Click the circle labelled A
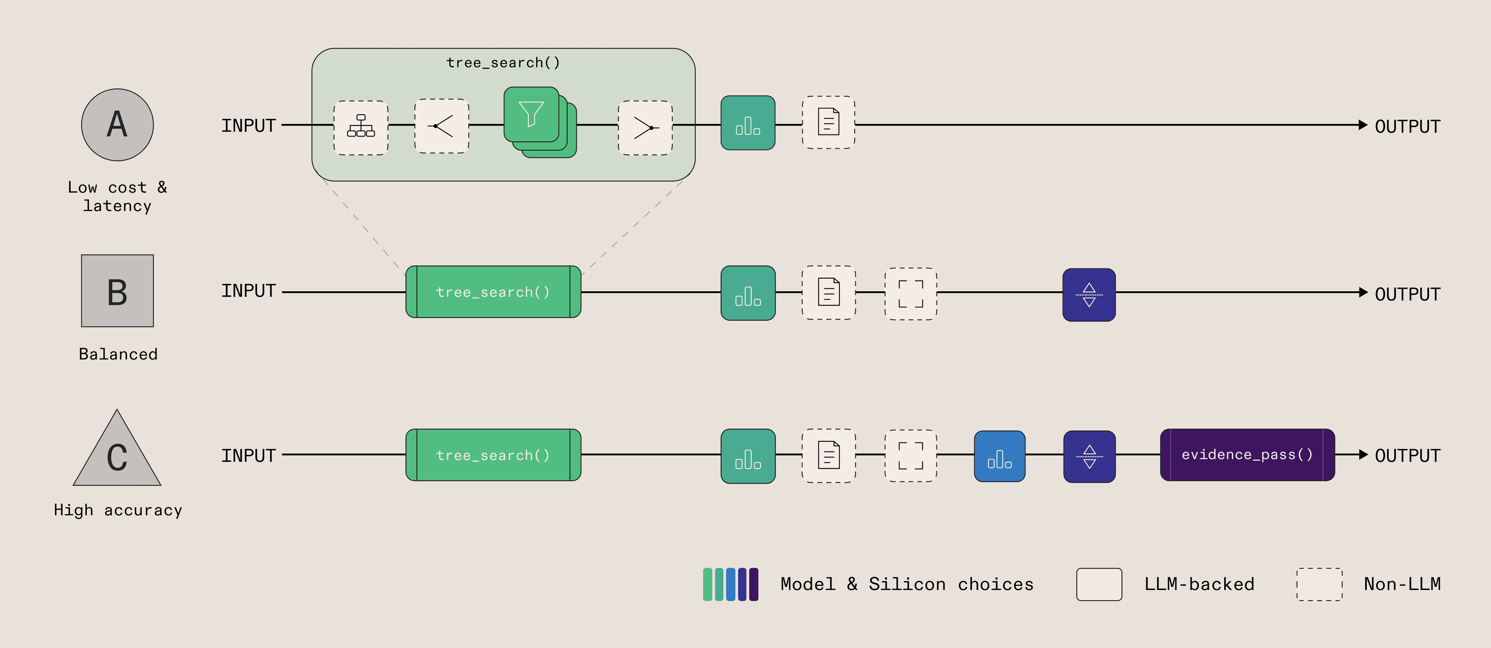coord(118,124)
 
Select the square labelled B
coord(118,291)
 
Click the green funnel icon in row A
coord(531,114)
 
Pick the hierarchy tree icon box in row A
coord(361,127)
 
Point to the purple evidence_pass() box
coord(1247,455)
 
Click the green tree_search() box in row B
coord(493,292)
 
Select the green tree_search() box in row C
coord(493,455)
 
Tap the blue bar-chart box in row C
coord(999,456)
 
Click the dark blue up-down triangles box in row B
coord(1089,295)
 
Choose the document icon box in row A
coord(828,122)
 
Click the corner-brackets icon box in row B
coord(911,294)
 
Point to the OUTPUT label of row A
coord(1407,126)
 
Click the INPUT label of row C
coord(248,456)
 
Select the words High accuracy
coord(118,510)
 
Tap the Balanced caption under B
coord(118,354)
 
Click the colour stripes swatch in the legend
coord(730,584)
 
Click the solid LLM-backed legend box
coord(1099,584)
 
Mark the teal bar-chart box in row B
coord(748,293)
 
